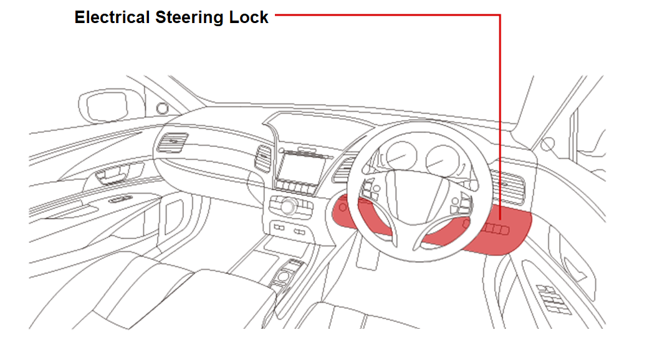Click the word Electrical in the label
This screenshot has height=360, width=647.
tap(112, 17)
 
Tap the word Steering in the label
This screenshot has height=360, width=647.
tap(189, 18)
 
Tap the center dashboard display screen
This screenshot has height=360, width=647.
tap(300, 168)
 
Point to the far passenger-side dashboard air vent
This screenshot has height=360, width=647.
tap(172, 142)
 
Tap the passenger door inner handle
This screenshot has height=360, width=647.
tap(112, 174)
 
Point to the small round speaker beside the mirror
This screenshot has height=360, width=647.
tap(162, 108)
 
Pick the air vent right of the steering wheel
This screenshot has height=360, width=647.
tap(509, 186)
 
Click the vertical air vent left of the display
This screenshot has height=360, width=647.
tap(263, 158)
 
